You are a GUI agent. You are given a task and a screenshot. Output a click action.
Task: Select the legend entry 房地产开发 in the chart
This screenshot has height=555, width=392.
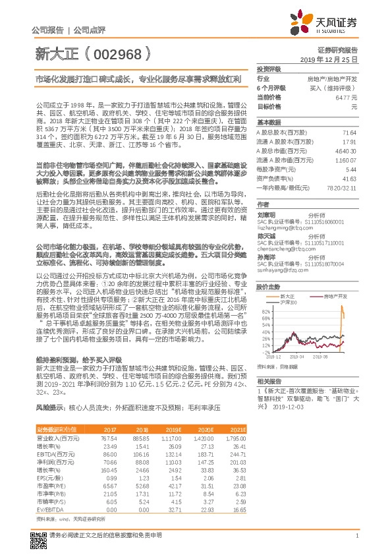click(x=335, y=279)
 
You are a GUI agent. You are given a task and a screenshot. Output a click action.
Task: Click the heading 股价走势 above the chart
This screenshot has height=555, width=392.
click(x=268, y=269)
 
